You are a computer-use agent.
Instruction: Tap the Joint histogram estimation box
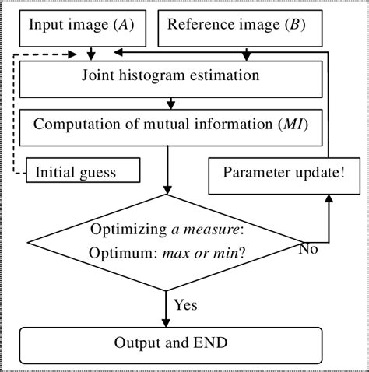[170, 77]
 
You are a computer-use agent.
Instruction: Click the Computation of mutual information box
[170, 125]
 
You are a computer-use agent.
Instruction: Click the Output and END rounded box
[170, 343]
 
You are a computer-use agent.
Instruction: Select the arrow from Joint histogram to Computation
[170, 101]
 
